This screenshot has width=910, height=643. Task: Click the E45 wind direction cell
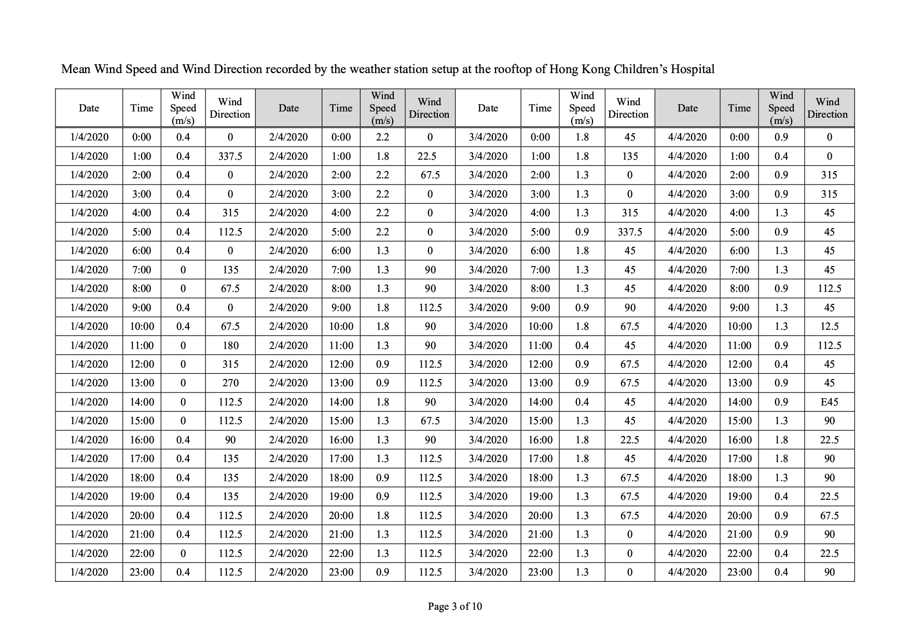829,402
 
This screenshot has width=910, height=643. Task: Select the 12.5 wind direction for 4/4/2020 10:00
829,326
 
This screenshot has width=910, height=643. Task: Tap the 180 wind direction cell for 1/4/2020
230,345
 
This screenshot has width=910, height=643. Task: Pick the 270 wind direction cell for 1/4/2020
230,383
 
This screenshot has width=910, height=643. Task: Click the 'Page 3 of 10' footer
454,606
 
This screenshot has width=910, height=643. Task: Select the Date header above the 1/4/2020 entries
89,108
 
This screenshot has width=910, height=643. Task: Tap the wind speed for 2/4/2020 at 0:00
382,137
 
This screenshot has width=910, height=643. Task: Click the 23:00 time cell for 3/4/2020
540,572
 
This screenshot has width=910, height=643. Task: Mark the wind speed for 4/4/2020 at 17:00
781,458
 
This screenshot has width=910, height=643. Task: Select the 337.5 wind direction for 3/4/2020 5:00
629,232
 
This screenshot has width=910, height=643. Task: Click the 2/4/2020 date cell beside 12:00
288,364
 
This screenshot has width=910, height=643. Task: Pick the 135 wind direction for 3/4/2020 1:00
629,156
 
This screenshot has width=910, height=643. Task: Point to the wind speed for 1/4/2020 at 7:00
183,270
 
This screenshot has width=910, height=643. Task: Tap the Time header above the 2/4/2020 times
340,108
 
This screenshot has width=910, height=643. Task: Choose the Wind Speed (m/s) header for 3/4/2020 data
582,108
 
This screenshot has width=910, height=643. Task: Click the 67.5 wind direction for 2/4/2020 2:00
430,175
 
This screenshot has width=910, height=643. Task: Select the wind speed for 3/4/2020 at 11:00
582,345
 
